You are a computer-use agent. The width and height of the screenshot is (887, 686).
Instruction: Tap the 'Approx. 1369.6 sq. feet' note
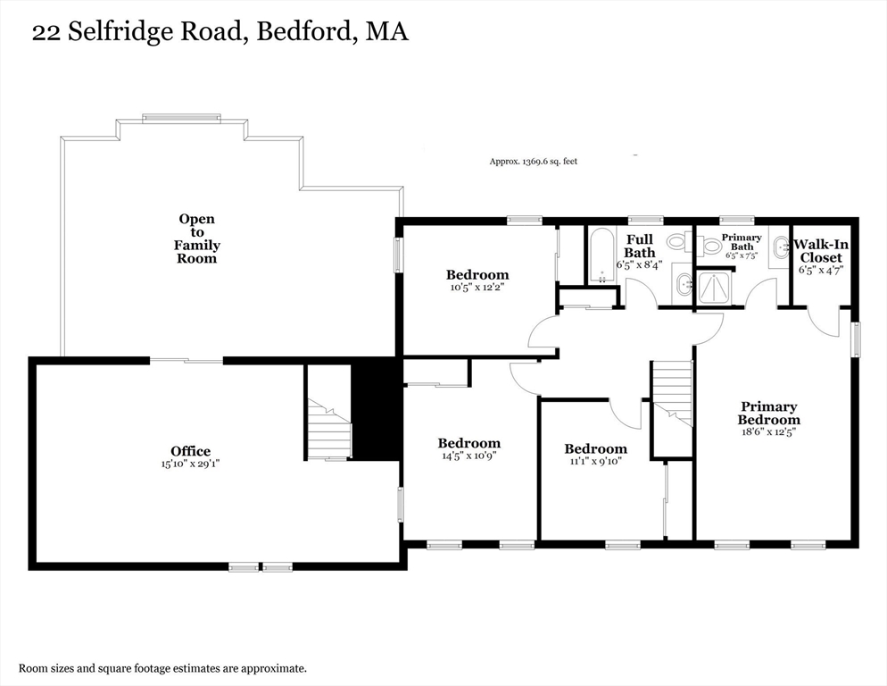[x=533, y=162]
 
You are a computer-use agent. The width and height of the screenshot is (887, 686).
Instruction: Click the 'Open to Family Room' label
[x=197, y=238]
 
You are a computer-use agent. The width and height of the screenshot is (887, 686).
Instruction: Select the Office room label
[x=191, y=451]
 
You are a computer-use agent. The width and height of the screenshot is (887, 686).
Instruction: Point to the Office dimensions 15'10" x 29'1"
[x=191, y=464]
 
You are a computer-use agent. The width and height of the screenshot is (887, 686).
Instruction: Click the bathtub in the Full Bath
[x=602, y=255]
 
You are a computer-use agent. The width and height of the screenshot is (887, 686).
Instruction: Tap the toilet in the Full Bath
[x=677, y=241]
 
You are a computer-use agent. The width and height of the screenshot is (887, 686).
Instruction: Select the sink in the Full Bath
[x=684, y=285]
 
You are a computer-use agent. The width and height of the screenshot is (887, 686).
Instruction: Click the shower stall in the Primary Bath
[x=715, y=286]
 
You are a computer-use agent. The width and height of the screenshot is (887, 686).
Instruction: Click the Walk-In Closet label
[x=819, y=250]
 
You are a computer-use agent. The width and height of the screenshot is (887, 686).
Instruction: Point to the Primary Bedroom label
[x=768, y=414]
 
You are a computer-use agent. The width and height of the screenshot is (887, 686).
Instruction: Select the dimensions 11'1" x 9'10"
[x=595, y=462]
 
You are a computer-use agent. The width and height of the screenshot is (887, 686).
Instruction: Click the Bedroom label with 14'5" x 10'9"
[x=468, y=443]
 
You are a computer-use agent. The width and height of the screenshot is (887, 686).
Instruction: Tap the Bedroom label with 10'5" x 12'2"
[x=477, y=275]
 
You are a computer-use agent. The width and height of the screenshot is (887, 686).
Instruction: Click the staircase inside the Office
[x=329, y=430]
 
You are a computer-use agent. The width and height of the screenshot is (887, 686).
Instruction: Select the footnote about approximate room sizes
[x=163, y=668]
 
